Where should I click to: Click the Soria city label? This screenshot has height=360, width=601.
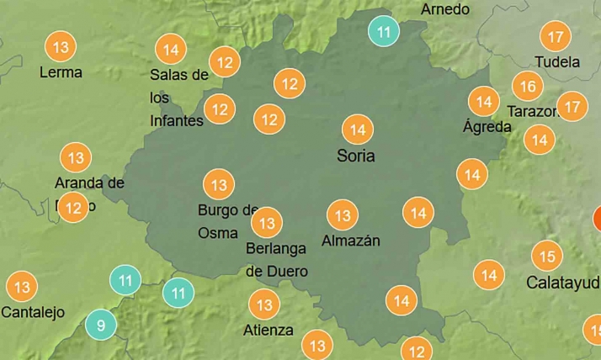(355, 156)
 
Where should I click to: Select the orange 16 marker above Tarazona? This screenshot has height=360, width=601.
(528, 86)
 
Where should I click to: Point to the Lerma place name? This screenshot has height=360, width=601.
(61, 72)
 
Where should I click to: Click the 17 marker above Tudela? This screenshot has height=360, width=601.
(555, 38)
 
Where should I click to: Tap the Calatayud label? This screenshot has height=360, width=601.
(562, 282)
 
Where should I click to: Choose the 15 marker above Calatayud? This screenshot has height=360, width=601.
(546, 256)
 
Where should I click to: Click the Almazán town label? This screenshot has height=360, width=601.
(351, 241)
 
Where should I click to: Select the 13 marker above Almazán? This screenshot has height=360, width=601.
(343, 215)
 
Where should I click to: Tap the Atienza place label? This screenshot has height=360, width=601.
(268, 330)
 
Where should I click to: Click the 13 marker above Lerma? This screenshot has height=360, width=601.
(60, 47)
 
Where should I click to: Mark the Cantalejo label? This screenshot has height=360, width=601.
(33, 312)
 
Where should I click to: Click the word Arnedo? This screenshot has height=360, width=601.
(444, 9)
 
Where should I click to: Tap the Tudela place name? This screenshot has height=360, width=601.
(557, 61)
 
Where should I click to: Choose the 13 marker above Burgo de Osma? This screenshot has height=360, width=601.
(219, 184)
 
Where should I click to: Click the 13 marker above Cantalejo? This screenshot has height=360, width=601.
(22, 287)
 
